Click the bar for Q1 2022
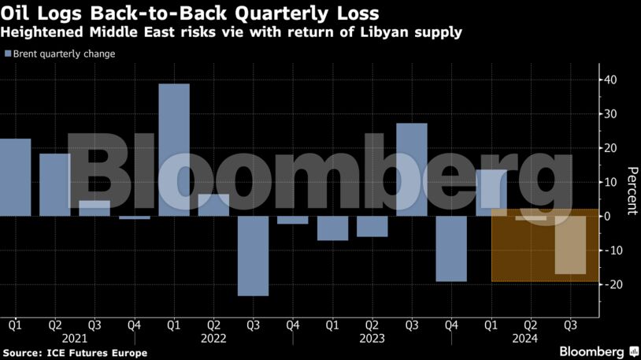[x=174, y=150]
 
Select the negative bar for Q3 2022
[x=253, y=256]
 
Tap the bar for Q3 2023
[x=412, y=169]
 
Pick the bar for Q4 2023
[x=451, y=249]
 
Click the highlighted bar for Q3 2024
[x=570, y=245]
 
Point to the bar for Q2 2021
[x=55, y=184]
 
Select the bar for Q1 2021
[x=16, y=177]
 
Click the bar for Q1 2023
[x=332, y=228]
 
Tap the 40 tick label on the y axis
[x=610, y=80]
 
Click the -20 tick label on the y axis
[x=608, y=284]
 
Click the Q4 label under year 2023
[x=451, y=324]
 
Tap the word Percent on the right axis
[x=631, y=191]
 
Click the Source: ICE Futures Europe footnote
[x=75, y=352]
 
